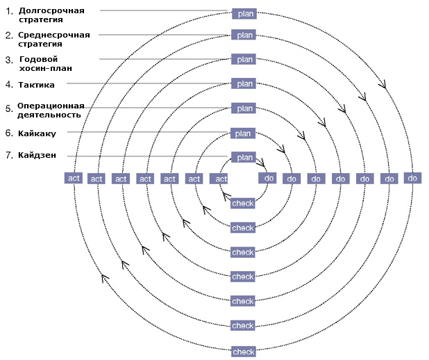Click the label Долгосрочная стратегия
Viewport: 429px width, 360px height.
coord(51,15)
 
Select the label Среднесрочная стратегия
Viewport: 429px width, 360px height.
coord(54,39)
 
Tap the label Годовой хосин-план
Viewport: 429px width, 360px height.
coord(46,63)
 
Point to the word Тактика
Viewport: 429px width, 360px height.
coord(36,85)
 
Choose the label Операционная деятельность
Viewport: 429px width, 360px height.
coord(51,110)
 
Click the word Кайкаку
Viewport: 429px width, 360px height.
coord(37,133)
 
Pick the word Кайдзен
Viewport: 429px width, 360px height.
coord(37,155)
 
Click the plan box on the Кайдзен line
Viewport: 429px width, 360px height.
coord(244,158)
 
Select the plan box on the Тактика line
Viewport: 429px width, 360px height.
coord(244,83)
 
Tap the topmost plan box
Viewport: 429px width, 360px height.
coord(244,14)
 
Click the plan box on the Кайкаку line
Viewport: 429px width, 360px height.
coord(243,133)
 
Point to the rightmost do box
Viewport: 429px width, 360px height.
coord(412,178)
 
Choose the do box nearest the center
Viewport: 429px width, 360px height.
coord(267,178)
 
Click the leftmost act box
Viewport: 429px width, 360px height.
coord(74,178)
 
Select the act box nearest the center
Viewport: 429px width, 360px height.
coord(219,179)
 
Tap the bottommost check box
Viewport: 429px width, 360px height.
coord(244,352)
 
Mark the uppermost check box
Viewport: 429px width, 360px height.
coord(243,204)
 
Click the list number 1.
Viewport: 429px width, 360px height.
coord(10,11)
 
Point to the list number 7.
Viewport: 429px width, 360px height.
coord(9,155)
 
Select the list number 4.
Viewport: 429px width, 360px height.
coord(9,84)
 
